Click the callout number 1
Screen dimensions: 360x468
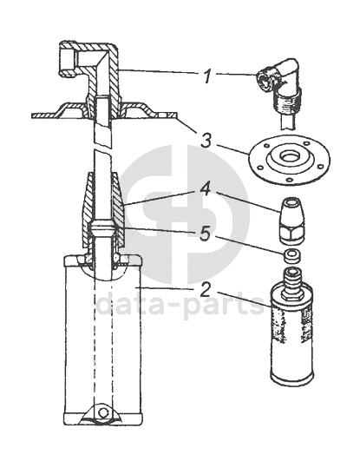[x=207, y=76]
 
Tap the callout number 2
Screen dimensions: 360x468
[x=206, y=289]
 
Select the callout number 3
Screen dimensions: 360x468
[x=206, y=140]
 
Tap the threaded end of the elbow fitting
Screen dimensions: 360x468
[x=287, y=102]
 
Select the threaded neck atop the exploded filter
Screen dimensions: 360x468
[x=291, y=280]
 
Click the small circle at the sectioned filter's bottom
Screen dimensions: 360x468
[x=103, y=412]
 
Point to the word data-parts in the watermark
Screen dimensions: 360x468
[x=180, y=304]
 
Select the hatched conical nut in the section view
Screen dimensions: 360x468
[x=103, y=210]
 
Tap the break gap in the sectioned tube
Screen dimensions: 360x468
[x=103, y=148]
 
